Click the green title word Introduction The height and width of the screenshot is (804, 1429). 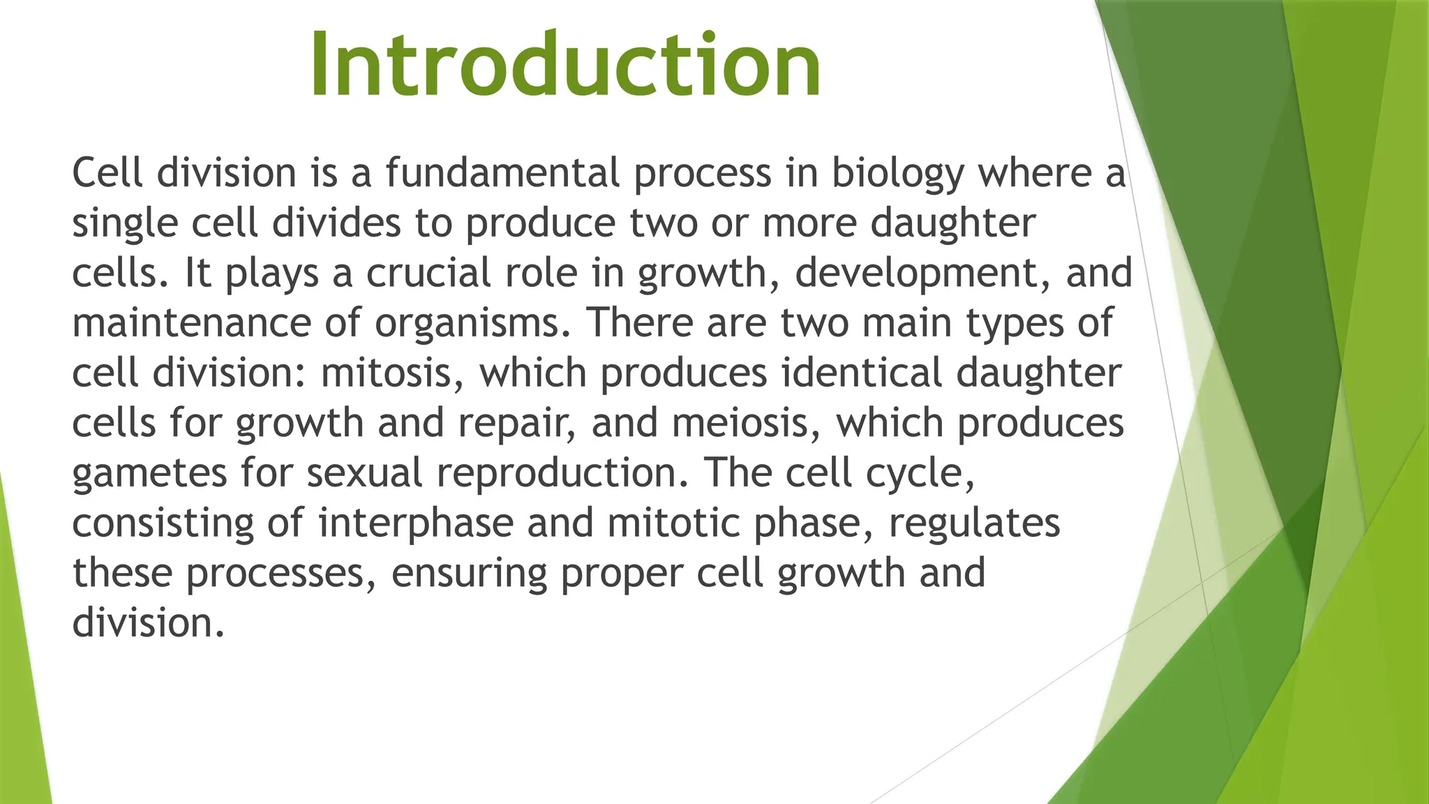tap(565, 64)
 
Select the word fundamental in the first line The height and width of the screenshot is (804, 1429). tap(502, 172)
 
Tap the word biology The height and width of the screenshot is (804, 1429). tap(897, 174)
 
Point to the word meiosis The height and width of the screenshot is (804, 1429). tap(747, 424)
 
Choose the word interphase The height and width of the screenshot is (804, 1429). tap(416, 523)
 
